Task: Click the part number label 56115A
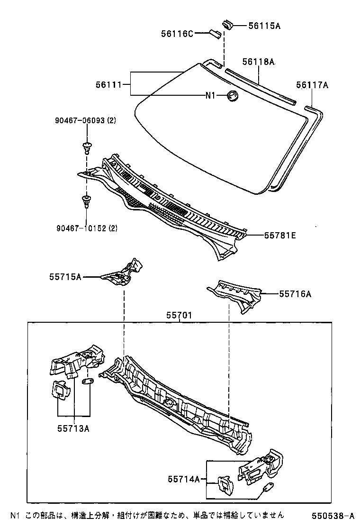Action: tap(264, 26)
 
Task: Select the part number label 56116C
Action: tap(176, 33)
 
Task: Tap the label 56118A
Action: tap(259, 62)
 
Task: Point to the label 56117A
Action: tap(312, 85)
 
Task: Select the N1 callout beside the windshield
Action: tap(210, 96)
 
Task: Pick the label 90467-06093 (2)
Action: tap(84, 121)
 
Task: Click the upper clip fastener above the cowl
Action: tap(86, 147)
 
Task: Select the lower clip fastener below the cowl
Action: tap(86, 201)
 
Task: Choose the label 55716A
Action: tap(295, 294)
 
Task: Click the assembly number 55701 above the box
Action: tap(179, 315)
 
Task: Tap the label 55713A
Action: tap(73, 428)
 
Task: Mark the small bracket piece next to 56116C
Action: tap(215, 33)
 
